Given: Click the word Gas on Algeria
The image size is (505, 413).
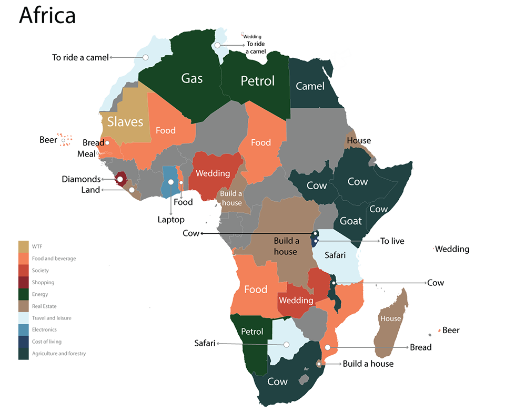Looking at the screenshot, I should pos(192,78).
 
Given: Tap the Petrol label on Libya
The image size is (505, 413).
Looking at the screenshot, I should pos(258,81).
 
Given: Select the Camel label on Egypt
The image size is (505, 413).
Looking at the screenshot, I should pos(310,86).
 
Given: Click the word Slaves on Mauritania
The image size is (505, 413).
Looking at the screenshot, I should pos(125,122).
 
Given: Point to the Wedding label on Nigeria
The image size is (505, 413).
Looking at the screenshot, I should pos(213,173).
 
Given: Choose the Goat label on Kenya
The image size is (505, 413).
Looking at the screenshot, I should pos(350,221).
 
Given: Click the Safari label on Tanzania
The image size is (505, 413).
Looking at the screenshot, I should pos(335,255).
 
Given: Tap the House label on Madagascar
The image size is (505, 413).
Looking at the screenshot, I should pos(390,318).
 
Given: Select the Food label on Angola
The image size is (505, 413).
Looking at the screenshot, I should pos(256,290).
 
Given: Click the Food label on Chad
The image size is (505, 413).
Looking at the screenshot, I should pos(261,142).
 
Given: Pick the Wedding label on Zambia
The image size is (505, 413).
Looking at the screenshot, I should pos(296,301).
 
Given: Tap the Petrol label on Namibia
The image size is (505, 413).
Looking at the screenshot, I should pos(252,332).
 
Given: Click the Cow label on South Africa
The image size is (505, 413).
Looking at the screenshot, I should pos(277,381).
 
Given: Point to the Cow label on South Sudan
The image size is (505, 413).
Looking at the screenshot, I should pos(316,185).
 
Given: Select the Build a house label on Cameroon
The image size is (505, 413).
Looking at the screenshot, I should pos(231,198).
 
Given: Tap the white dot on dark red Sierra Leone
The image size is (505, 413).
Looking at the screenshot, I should pos(120,180).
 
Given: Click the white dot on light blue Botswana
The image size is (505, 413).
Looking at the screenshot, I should pos(287,345).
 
